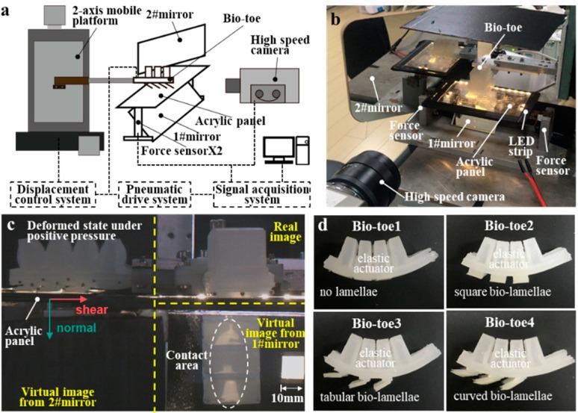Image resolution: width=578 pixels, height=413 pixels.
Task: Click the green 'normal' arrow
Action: (x=50, y=317)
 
